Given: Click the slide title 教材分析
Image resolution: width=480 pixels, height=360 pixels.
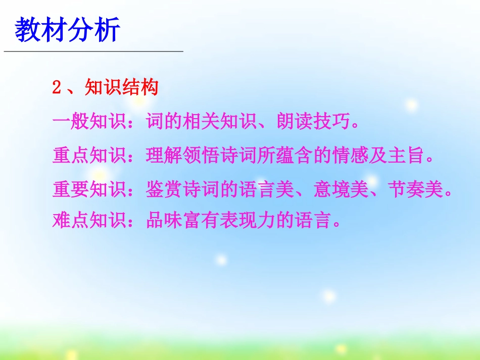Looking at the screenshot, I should coord(68,30).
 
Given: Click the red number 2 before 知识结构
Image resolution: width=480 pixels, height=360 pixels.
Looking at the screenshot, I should coord(57,88).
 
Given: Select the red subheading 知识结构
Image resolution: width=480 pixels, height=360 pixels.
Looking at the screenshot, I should coord(122,88).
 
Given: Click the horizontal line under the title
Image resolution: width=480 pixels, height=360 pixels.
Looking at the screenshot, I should coord(93,52).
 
